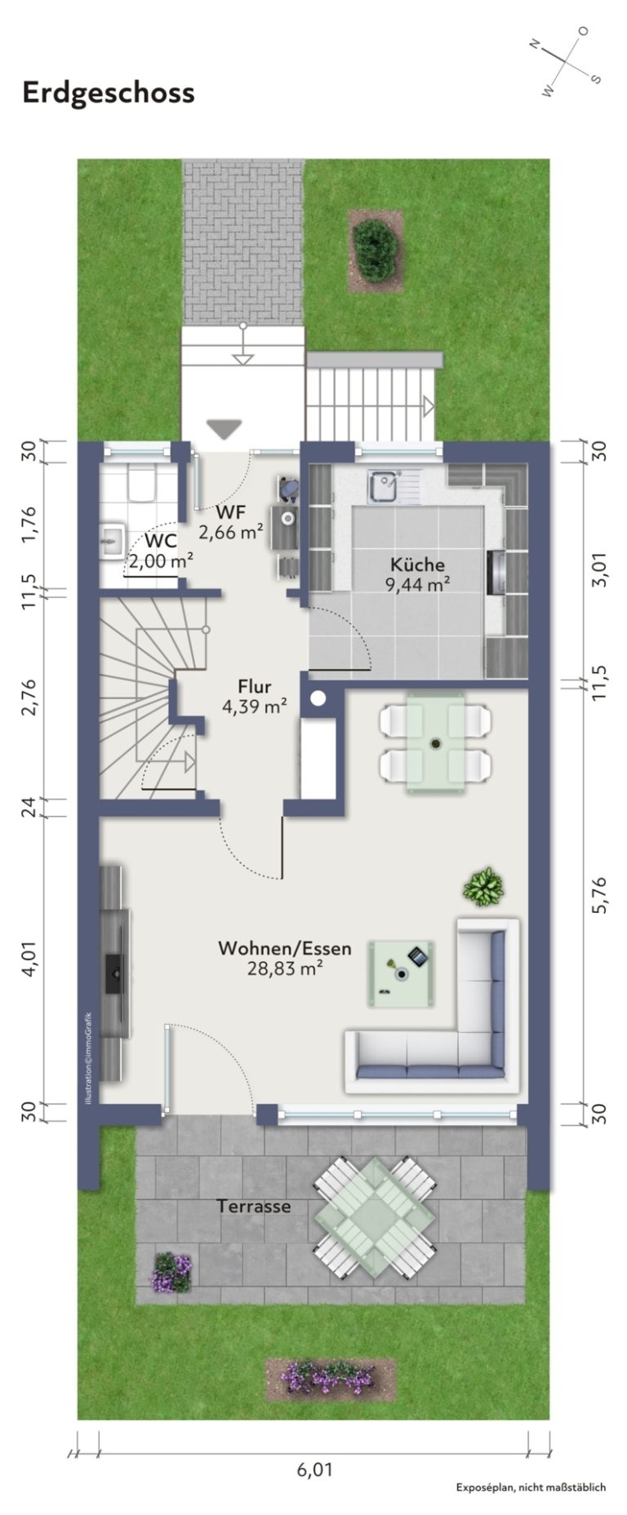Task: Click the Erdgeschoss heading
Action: (109, 93)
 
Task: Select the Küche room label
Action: (417, 564)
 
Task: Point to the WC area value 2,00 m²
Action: (161, 560)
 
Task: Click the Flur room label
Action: (255, 686)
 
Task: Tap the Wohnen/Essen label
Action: (285, 948)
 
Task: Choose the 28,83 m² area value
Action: (285, 968)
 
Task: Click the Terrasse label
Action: (254, 1206)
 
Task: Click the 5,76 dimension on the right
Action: (602, 896)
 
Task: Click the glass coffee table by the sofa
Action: (401, 970)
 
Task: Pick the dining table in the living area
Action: (436, 742)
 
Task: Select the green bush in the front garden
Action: (375, 250)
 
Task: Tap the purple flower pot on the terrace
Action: (172, 1272)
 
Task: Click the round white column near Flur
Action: (318, 698)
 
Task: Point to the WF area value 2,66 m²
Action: (231, 532)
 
